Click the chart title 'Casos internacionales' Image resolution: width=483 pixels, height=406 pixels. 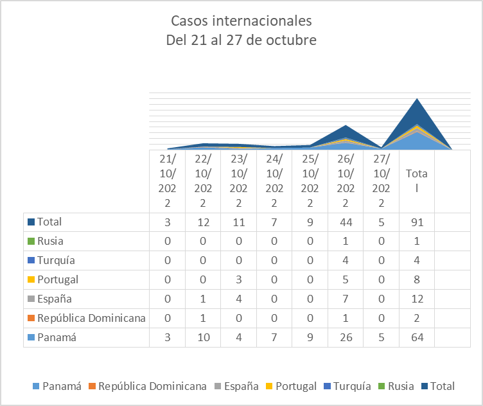pos(241,21)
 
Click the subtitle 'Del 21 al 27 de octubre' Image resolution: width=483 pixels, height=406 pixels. pos(241,40)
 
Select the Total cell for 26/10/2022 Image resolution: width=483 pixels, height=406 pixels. pos(346,222)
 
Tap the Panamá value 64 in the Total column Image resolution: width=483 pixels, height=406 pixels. pos(416,338)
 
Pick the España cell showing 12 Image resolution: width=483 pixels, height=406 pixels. pos(416,299)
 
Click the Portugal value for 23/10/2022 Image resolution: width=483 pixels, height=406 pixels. pos(238,280)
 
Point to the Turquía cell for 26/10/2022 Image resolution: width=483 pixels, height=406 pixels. pos(346,261)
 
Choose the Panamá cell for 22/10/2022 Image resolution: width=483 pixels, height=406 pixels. pos(203,338)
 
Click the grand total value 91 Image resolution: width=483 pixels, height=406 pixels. pos(416,222)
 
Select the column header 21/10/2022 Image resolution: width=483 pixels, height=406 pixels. pos(167,180)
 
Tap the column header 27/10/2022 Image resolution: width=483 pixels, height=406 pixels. pos(381,180)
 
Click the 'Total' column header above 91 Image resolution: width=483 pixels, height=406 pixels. pos(416,181)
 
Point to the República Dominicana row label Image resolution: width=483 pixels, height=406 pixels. pos(91,319)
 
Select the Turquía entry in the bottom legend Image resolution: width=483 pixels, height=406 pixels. pos(351,386)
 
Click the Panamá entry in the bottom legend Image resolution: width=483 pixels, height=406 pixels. pos(63,386)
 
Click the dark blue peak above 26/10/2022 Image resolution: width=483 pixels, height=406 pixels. pos(346,127)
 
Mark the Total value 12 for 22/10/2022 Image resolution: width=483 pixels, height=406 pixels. pos(203,222)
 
